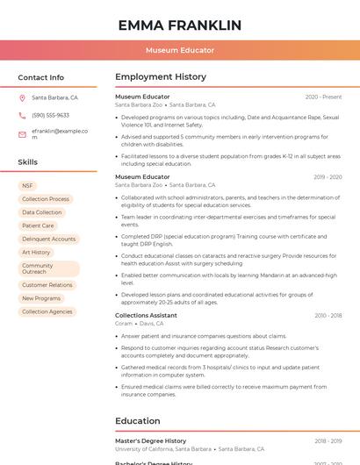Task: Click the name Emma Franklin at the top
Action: click(x=179, y=25)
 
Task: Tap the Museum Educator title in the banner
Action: click(x=179, y=50)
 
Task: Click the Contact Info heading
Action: click(x=41, y=77)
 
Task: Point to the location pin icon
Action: click(x=22, y=98)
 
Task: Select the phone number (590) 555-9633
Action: click(x=50, y=115)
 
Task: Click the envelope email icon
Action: click(x=22, y=133)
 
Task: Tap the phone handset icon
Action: click(x=22, y=115)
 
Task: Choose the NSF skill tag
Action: click(x=27, y=186)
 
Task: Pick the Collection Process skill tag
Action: click(x=46, y=199)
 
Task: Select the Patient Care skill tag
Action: click(x=38, y=225)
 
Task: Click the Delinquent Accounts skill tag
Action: click(x=49, y=239)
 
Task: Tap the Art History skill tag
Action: click(x=36, y=252)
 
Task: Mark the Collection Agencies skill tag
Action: click(x=47, y=311)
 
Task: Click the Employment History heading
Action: click(x=161, y=77)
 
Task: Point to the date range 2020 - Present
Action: click(x=323, y=97)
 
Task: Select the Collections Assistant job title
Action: click(x=146, y=315)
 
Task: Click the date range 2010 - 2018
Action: click(x=328, y=315)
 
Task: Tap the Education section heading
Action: click(x=137, y=420)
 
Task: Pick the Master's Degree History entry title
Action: click(x=150, y=440)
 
